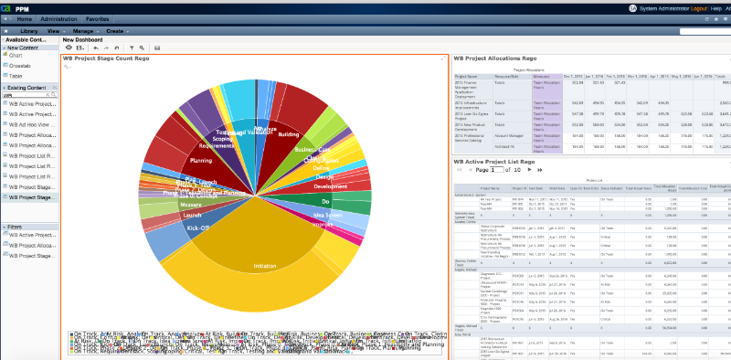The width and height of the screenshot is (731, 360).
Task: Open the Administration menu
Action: pos(58,18)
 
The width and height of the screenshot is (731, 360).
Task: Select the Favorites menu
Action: pos(99,18)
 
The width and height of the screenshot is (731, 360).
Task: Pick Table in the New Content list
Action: pos(16,75)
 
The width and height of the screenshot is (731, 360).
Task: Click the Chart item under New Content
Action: pos(16,56)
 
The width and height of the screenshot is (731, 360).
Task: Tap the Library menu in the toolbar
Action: pos(28,30)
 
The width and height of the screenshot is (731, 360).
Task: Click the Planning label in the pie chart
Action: pos(200,160)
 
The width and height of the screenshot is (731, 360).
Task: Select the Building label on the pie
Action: pos(288,134)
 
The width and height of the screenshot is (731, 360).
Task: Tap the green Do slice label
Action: pos(325,199)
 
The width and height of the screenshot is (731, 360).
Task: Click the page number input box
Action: pos(498,170)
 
